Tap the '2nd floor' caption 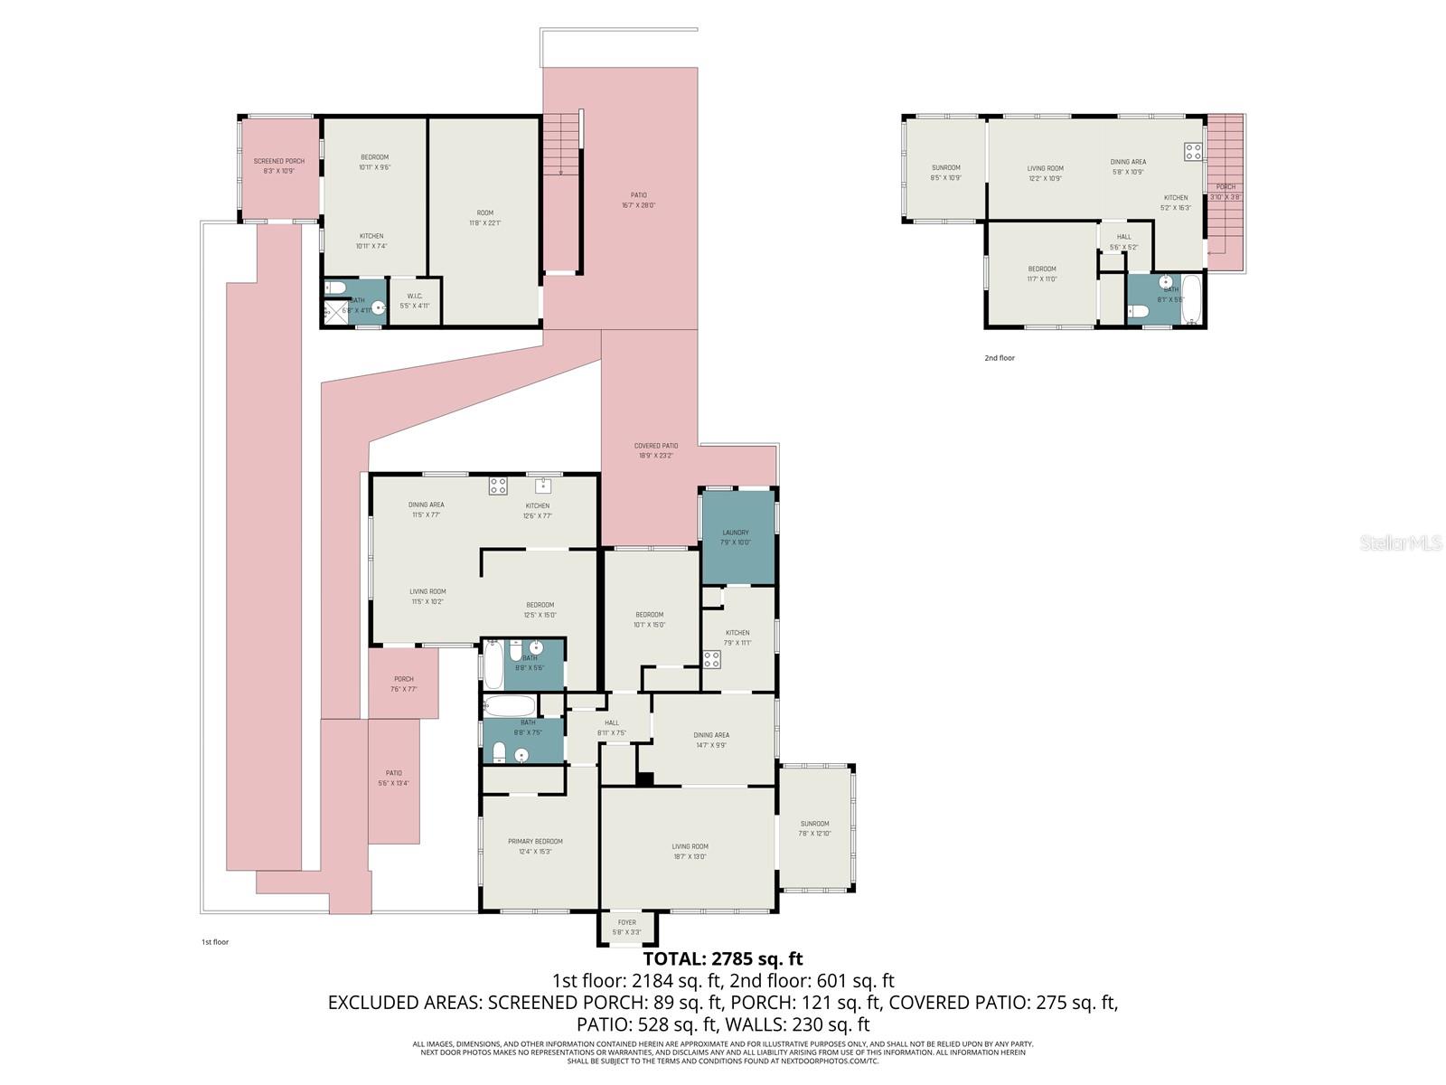pos(1000,358)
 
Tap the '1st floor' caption pos(215,942)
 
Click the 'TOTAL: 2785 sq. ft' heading pos(722,958)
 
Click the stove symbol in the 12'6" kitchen pos(498,486)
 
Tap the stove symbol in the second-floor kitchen pos(1193,151)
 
